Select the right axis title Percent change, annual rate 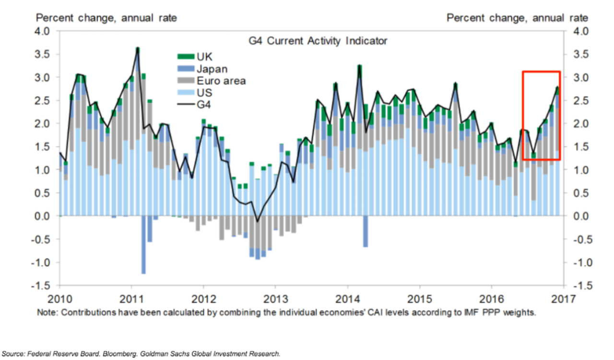coord(517,18)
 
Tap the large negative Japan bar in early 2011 coord(143,245)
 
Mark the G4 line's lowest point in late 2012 coord(257,221)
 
